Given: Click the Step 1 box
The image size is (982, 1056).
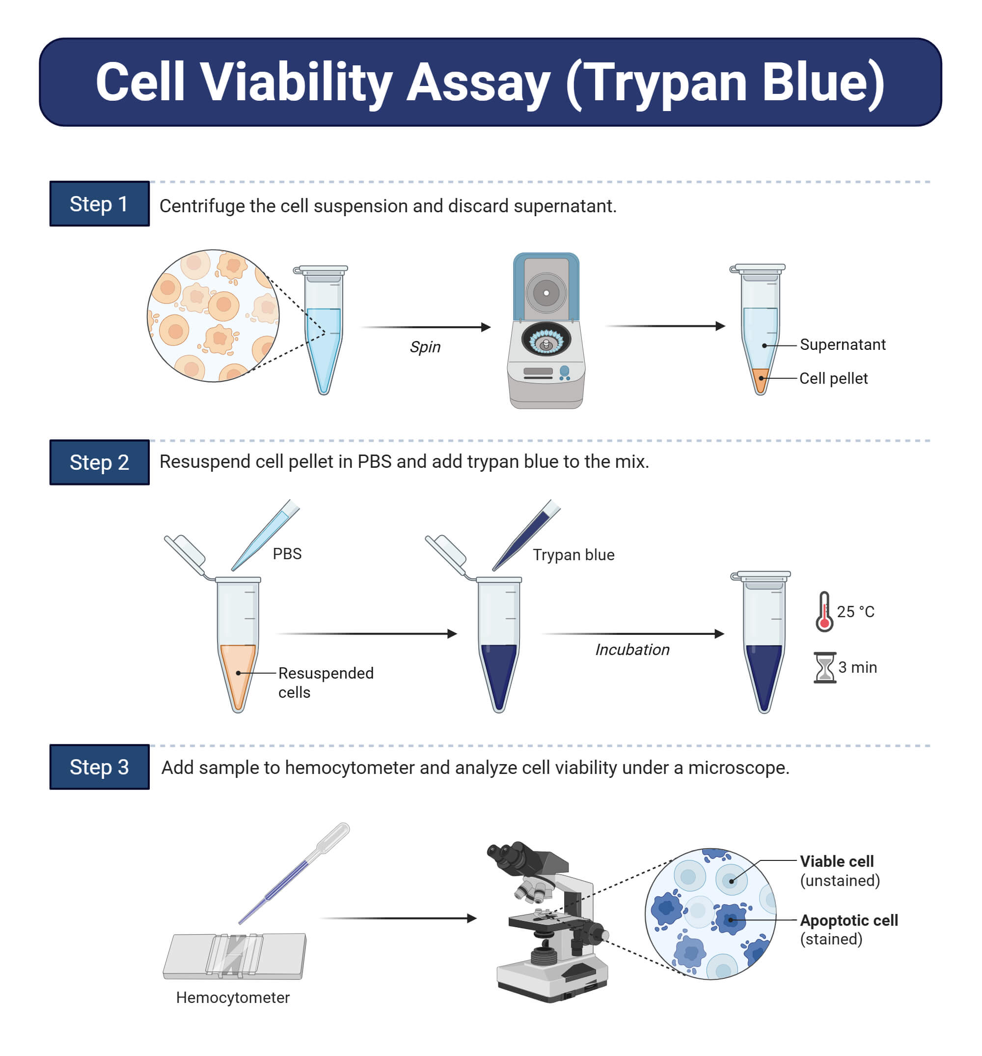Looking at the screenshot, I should pyautogui.click(x=99, y=203).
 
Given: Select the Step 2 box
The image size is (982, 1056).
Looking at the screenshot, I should pyautogui.click(x=99, y=462).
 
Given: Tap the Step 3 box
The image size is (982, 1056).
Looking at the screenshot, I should pyautogui.click(x=99, y=767).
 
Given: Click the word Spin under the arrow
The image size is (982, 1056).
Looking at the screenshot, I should pyautogui.click(x=425, y=347).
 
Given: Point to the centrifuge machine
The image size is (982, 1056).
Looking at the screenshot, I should pyautogui.click(x=546, y=332).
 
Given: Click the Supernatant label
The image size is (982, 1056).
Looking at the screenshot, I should pyautogui.click(x=842, y=345).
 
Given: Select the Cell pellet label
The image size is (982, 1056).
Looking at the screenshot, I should pyautogui.click(x=833, y=378).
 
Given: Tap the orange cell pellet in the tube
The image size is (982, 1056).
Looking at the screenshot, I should pyautogui.click(x=760, y=379).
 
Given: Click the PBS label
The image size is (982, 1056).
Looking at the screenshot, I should pyautogui.click(x=287, y=553).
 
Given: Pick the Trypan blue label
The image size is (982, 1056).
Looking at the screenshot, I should pyautogui.click(x=573, y=555).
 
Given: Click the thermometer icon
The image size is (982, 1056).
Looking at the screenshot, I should pyautogui.click(x=824, y=612).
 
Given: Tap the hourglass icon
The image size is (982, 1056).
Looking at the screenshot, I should pyautogui.click(x=824, y=668).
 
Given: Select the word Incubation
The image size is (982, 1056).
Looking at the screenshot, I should pyautogui.click(x=631, y=650).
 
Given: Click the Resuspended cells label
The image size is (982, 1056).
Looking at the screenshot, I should pyautogui.click(x=325, y=682).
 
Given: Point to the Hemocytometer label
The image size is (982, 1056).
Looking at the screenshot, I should pyautogui.click(x=233, y=998).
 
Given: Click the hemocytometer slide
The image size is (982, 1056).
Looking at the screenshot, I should pyautogui.click(x=234, y=956).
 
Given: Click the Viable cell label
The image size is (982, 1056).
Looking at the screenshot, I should pyautogui.click(x=836, y=861).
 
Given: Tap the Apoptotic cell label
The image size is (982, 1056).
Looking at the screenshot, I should pyautogui.click(x=848, y=920).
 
